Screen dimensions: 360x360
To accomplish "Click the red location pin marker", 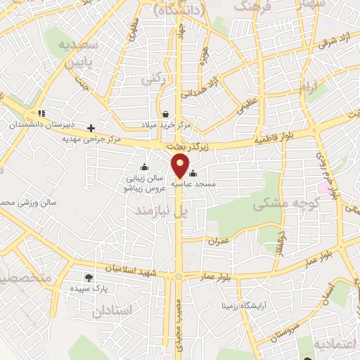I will (x=181, y=166).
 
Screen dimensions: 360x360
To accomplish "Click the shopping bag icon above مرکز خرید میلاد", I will (x=165, y=114).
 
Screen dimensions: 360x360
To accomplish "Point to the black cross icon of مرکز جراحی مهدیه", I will (x=91, y=128).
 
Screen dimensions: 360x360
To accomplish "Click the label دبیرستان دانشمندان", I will (x=32, y=123).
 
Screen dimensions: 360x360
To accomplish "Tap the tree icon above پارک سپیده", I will (x=88, y=278).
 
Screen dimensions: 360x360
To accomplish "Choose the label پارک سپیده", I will (x=88, y=288).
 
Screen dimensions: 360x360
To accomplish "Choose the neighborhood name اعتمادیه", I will (x=336, y=344).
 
